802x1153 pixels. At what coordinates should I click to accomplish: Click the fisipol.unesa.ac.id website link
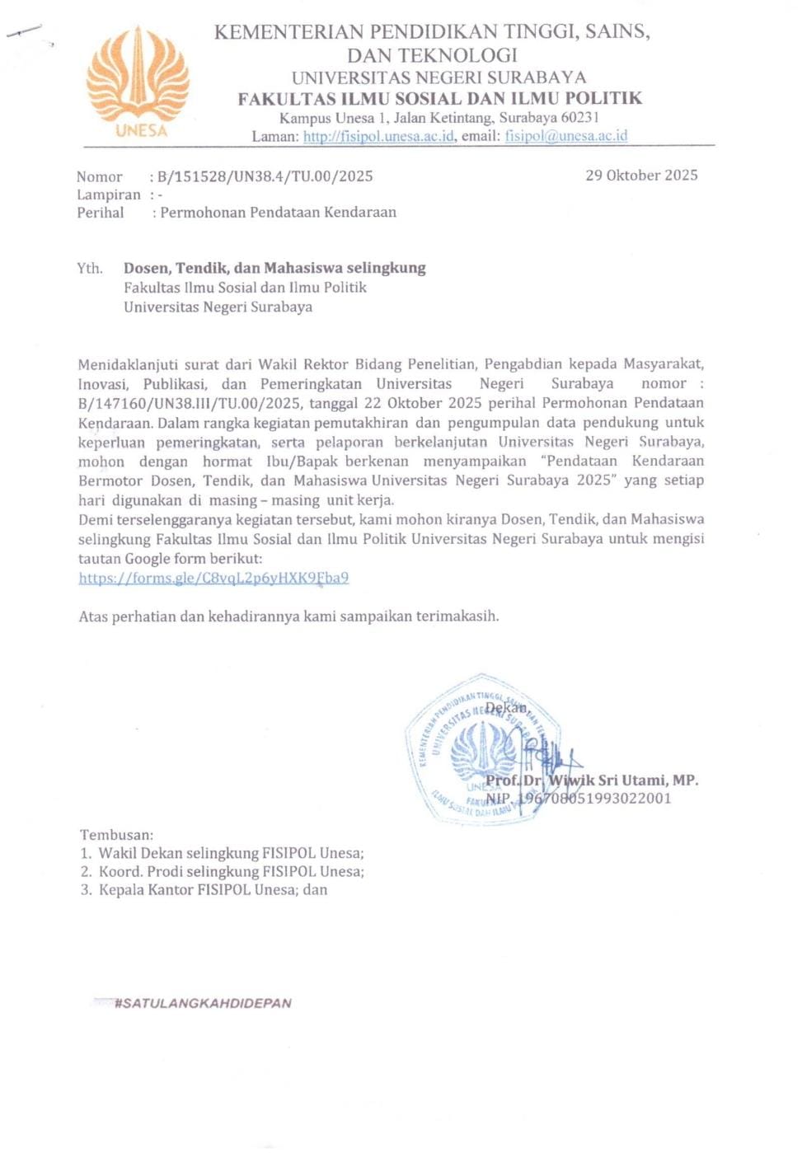(378, 136)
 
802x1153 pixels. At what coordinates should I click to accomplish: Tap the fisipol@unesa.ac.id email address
(566, 136)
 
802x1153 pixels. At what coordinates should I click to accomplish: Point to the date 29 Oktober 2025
(641, 175)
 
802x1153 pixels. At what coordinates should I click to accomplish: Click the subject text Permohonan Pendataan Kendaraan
(278, 213)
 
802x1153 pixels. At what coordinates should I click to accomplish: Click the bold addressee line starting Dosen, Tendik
(274, 268)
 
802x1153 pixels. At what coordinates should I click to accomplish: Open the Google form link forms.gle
(213, 578)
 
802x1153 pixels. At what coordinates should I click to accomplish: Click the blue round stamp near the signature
(482, 750)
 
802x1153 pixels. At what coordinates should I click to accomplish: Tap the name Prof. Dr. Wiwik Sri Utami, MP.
(592, 780)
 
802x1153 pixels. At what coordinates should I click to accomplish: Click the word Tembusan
(116, 835)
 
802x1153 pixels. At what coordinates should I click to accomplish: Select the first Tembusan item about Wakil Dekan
(223, 853)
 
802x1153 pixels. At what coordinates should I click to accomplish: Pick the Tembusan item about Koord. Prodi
(223, 871)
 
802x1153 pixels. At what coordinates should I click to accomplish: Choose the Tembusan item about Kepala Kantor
(204, 890)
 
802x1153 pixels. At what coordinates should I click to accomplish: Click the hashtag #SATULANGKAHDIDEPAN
(203, 1003)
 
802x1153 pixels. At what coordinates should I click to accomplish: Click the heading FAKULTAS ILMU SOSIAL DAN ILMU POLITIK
(439, 99)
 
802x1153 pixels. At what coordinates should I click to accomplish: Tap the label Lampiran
(108, 195)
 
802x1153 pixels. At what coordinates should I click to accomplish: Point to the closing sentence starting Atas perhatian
(288, 616)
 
